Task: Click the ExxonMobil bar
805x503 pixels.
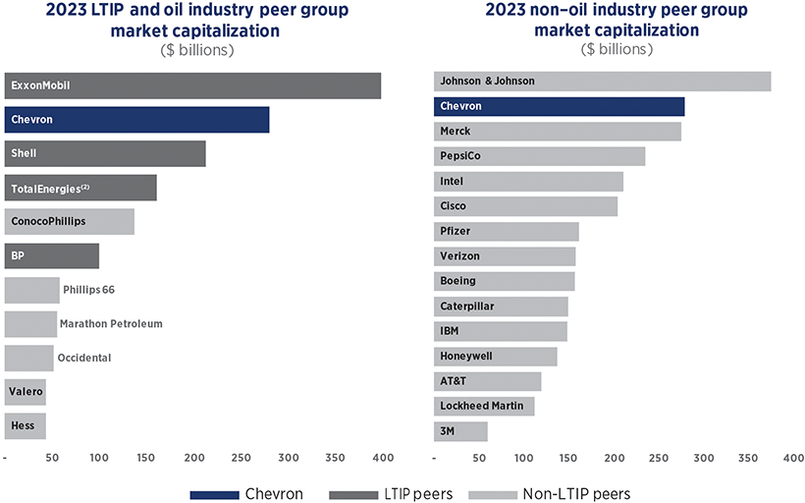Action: pyautogui.click(x=192, y=85)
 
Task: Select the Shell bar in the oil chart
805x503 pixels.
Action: pyautogui.click(x=105, y=153)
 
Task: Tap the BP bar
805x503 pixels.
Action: pyautogui.click(x=51, y=255)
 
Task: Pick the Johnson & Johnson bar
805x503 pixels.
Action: pyautogui.click(x=602, y=81)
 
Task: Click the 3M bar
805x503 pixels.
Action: pyautogui.click(x=460, y=430)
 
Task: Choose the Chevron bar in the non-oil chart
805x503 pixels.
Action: pyautogui.click(x=559, y=106)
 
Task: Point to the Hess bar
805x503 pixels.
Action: pyautogui.click(x=25, y=425)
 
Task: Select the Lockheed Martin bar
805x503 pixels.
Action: pyautogui.click(x=484, y=406)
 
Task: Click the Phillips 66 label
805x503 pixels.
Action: pyautogui.click(x=89, y=290)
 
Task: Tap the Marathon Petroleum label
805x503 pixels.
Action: pyautogui.click(x=111, y=323)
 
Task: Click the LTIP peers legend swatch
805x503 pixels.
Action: pyautogui.click(x=354, y=493)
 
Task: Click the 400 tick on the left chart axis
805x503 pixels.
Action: pyautogui.click(x=382, y=458)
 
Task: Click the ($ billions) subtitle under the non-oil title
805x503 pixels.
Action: pyautogui.click(x=617, y=48)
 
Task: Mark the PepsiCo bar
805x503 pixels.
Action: pyautogui.click(x=539, y=156)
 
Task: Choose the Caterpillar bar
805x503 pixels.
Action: pyautogui.click(x=501, y=307)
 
